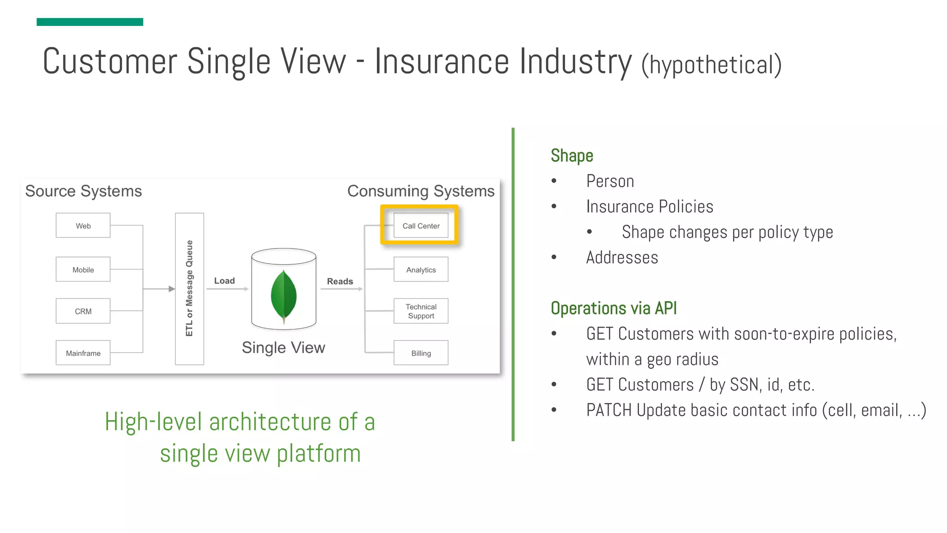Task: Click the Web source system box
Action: pyautogui.click(x=83, y=226)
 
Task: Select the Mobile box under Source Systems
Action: pyautogui.click(x=83, y=270)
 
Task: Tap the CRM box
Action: pyautogui.click(x=83, y=311)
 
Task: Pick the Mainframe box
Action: pyautogui.click(x=83, y=353)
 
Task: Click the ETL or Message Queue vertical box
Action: pyautogui.click(x=189, y=289)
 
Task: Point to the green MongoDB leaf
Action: pyautogui.click(x=283, y=296)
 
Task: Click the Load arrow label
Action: pyautogui.click(x=224, y=281)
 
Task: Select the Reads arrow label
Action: pyautogui.click(x=340, y=281)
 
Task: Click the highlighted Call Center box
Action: pyautogui.click(x=421, y=226)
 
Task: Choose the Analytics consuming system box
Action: pyautogui.click(x=421, y=270)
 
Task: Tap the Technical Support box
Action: pyautogui.click(x=421, y=311)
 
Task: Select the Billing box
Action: pyautogui.click(x=421, y=353)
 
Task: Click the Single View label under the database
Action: pyautogui.click(x=283, y=347)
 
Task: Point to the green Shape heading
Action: pyautogui.click(x=572, y=156)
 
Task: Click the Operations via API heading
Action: pyautogui.click(x=614, y=308)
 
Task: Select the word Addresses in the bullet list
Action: pyautogui.click(x=622, y=258)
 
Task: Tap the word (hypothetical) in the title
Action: pyautogui.click(x=711, y=65)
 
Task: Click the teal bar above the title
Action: pyautogui.click(x=90, y=22)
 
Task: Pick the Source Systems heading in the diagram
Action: pyautogui.click(x=83, y=191)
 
